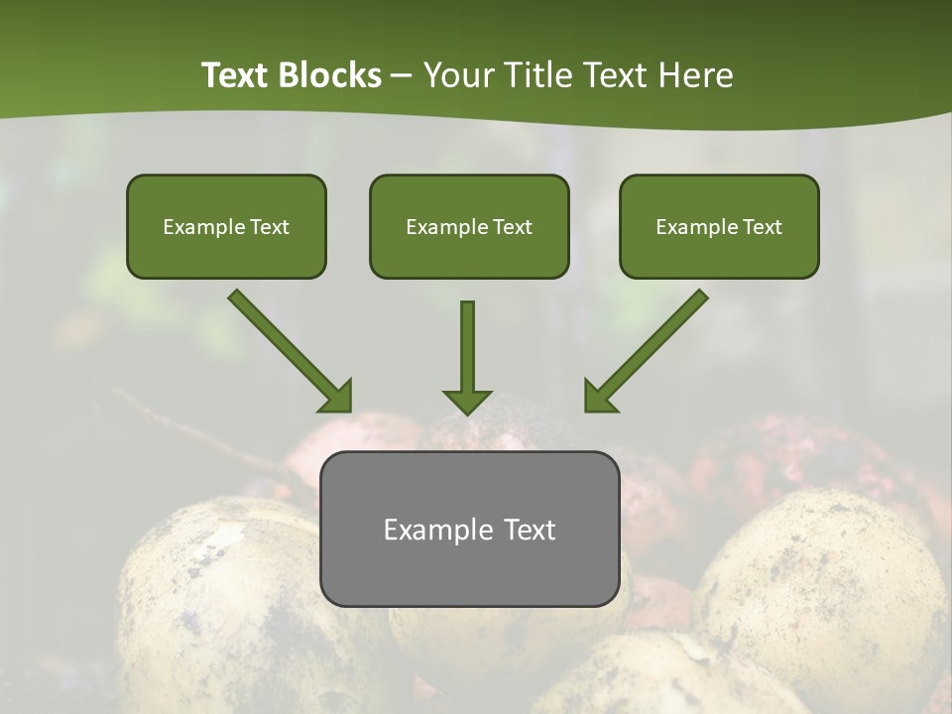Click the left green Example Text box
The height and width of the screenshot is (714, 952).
pos(226,227)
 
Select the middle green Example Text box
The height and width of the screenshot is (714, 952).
pos(469,227)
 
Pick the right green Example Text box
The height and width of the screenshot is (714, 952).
pos(719,227)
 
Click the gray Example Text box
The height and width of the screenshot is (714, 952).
pos(469,529)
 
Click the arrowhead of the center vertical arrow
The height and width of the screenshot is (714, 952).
pos(467,402)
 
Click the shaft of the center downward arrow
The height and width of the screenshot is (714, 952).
pos(467,342)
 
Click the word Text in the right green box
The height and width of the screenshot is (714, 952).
pos(762,227)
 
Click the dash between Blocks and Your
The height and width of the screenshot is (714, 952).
pos(402,75)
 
